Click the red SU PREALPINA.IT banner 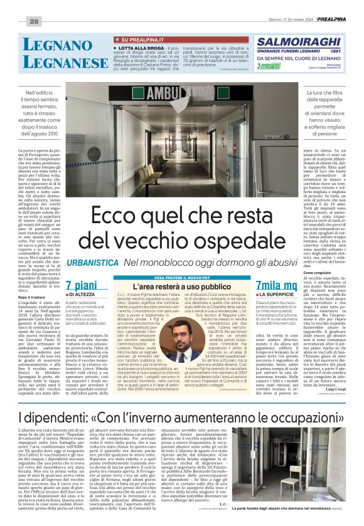[x=136, y=39]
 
